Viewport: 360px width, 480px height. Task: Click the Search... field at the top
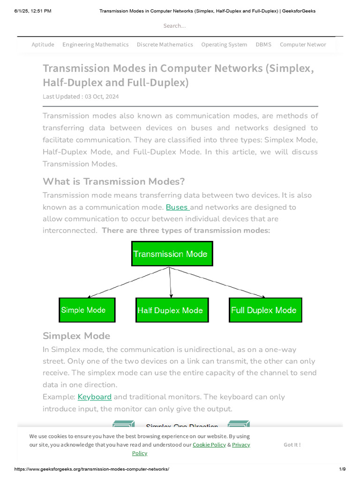174,26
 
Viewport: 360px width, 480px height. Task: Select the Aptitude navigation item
43,45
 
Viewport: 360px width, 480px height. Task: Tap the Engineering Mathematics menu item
95,45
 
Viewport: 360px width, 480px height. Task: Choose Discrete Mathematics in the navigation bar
165,45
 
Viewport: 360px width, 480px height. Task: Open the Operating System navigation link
224,45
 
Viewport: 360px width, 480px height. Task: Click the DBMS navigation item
263,45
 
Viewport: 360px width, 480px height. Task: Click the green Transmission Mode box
172,254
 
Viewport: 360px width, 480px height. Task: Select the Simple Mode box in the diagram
87,310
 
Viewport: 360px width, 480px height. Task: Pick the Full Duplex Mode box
265,310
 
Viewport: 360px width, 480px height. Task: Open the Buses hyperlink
177,207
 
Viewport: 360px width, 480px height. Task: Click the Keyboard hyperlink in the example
94,397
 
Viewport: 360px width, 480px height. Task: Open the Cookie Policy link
209,444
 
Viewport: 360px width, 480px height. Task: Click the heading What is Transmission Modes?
113,181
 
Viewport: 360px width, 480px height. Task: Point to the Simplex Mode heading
76,336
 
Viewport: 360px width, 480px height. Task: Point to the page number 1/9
342,469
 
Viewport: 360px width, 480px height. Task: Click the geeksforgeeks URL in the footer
91,469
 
